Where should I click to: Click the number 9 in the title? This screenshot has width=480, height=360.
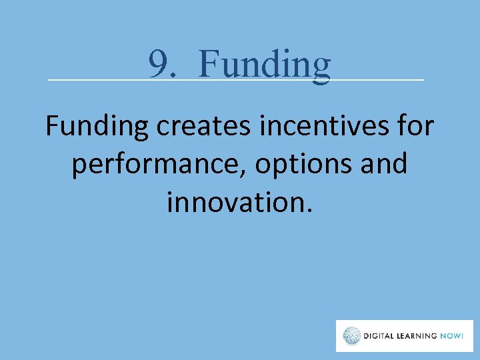158,65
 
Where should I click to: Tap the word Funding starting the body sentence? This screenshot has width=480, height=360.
97,126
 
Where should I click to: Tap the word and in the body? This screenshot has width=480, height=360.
385,163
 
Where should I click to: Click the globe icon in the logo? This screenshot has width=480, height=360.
352,336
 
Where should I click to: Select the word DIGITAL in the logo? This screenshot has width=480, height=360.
381,336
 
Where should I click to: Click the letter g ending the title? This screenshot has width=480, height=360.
321,69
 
